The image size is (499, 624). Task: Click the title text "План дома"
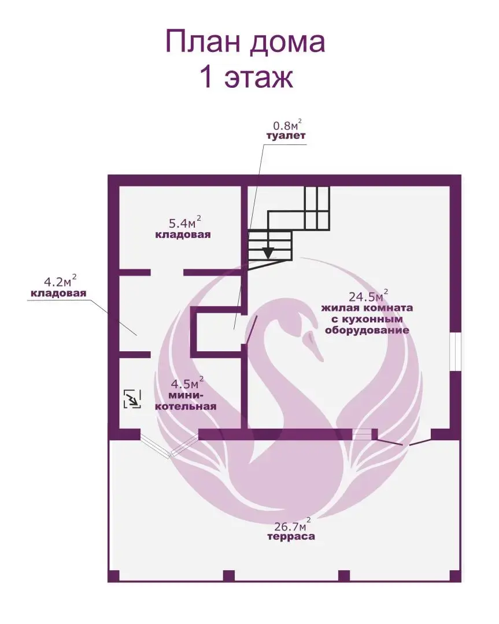click(x=245, y=42)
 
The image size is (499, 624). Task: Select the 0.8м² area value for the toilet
click(x=287, y=125)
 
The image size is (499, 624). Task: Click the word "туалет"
click(x=285, y=136)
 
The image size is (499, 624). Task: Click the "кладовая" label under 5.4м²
click(x=182, y=235)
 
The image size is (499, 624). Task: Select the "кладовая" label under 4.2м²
click(x=58, y=294)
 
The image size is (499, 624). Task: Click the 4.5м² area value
click(x=185, y=383)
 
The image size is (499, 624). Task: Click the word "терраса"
click(x=291, y=537)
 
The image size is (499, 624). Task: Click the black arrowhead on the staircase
click(x=268, y=252)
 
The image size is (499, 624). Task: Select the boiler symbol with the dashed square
click(x=132, y=399)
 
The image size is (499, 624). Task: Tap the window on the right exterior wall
click(x=455, y=351)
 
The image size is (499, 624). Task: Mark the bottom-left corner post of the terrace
click(x=114, y=575)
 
